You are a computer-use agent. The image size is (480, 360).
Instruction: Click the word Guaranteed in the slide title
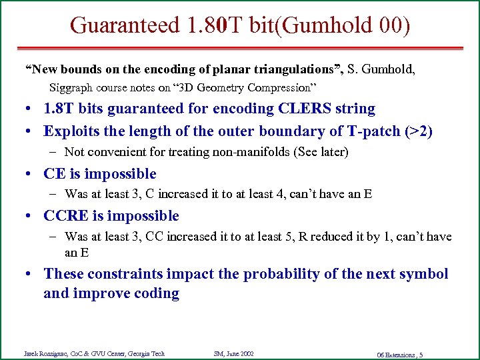pos(124,25)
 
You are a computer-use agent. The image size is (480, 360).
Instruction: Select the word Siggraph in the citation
pos(71,87)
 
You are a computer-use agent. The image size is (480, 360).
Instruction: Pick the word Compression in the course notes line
pos(279,87)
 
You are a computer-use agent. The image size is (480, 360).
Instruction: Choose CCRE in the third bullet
pos(66,216)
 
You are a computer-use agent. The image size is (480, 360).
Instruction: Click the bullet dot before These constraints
pos(32,274)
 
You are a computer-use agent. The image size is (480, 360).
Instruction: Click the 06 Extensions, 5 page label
pos(399,354)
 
